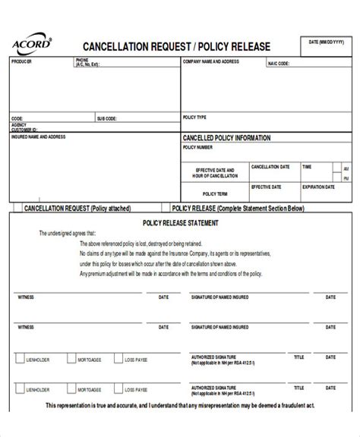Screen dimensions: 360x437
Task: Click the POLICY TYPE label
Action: [195, 118]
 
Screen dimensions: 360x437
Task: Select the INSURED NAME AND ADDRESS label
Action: [38, 137]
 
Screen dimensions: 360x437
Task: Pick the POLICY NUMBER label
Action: [197, 148]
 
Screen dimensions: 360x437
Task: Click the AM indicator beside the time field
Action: [346, 168]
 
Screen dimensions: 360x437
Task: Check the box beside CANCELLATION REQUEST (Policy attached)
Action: [15, 207]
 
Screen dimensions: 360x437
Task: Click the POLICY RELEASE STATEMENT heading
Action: [181, 222]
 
